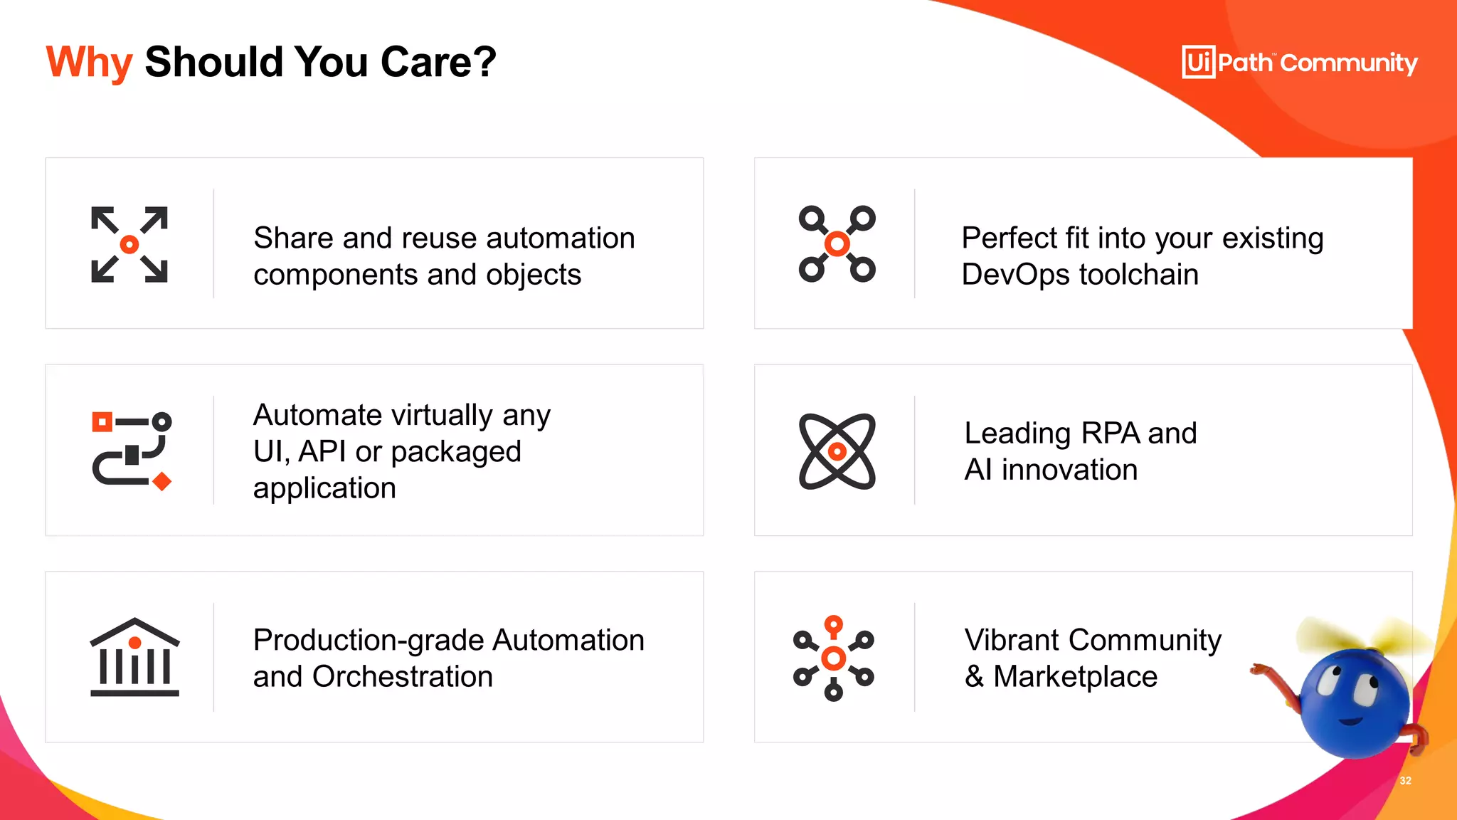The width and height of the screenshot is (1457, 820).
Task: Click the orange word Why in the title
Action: click(x=89, y=63)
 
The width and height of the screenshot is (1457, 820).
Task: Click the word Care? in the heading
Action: click(x=438, y=63)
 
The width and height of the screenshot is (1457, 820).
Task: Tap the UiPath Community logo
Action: click(x=1299, y=63)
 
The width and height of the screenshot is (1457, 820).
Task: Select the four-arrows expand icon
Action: click(x=129, y=245)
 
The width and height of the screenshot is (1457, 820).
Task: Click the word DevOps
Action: click(x=1015, y=275)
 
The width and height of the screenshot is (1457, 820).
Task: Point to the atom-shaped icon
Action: click(x=837, y=451)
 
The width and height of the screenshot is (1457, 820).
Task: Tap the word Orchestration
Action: click(x=402, y=677)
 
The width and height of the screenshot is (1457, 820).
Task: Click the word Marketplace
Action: click(x=1075, y=677)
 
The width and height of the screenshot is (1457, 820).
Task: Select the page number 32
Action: click(x=1405, y=781)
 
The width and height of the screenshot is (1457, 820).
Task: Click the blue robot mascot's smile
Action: click(x=1350, y=722)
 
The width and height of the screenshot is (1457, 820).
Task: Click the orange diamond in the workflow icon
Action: click(x=162, y=482)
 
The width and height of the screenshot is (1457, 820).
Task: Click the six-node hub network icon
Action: click(x=833, y=658)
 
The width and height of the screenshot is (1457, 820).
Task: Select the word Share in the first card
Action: click(x=293, y=238)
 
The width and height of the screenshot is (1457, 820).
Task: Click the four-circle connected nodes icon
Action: click(x=837, y=245)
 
